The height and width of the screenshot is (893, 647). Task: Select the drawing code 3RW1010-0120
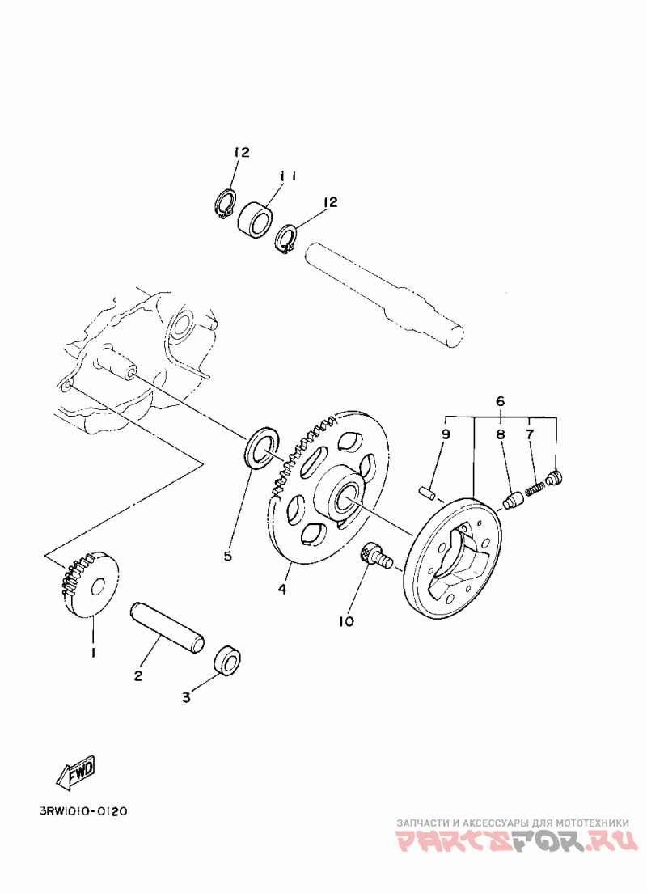82,810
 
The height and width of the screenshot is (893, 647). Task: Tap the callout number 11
289,176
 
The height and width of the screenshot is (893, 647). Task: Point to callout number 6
500,401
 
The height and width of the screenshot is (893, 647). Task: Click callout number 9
445,434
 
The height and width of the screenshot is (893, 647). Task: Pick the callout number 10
346,621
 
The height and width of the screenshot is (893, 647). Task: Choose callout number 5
227,557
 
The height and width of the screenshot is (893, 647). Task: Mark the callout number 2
138,675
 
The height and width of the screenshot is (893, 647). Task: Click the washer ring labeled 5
262,449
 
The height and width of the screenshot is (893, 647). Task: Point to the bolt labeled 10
375,556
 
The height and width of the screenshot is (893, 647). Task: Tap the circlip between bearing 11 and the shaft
286,239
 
